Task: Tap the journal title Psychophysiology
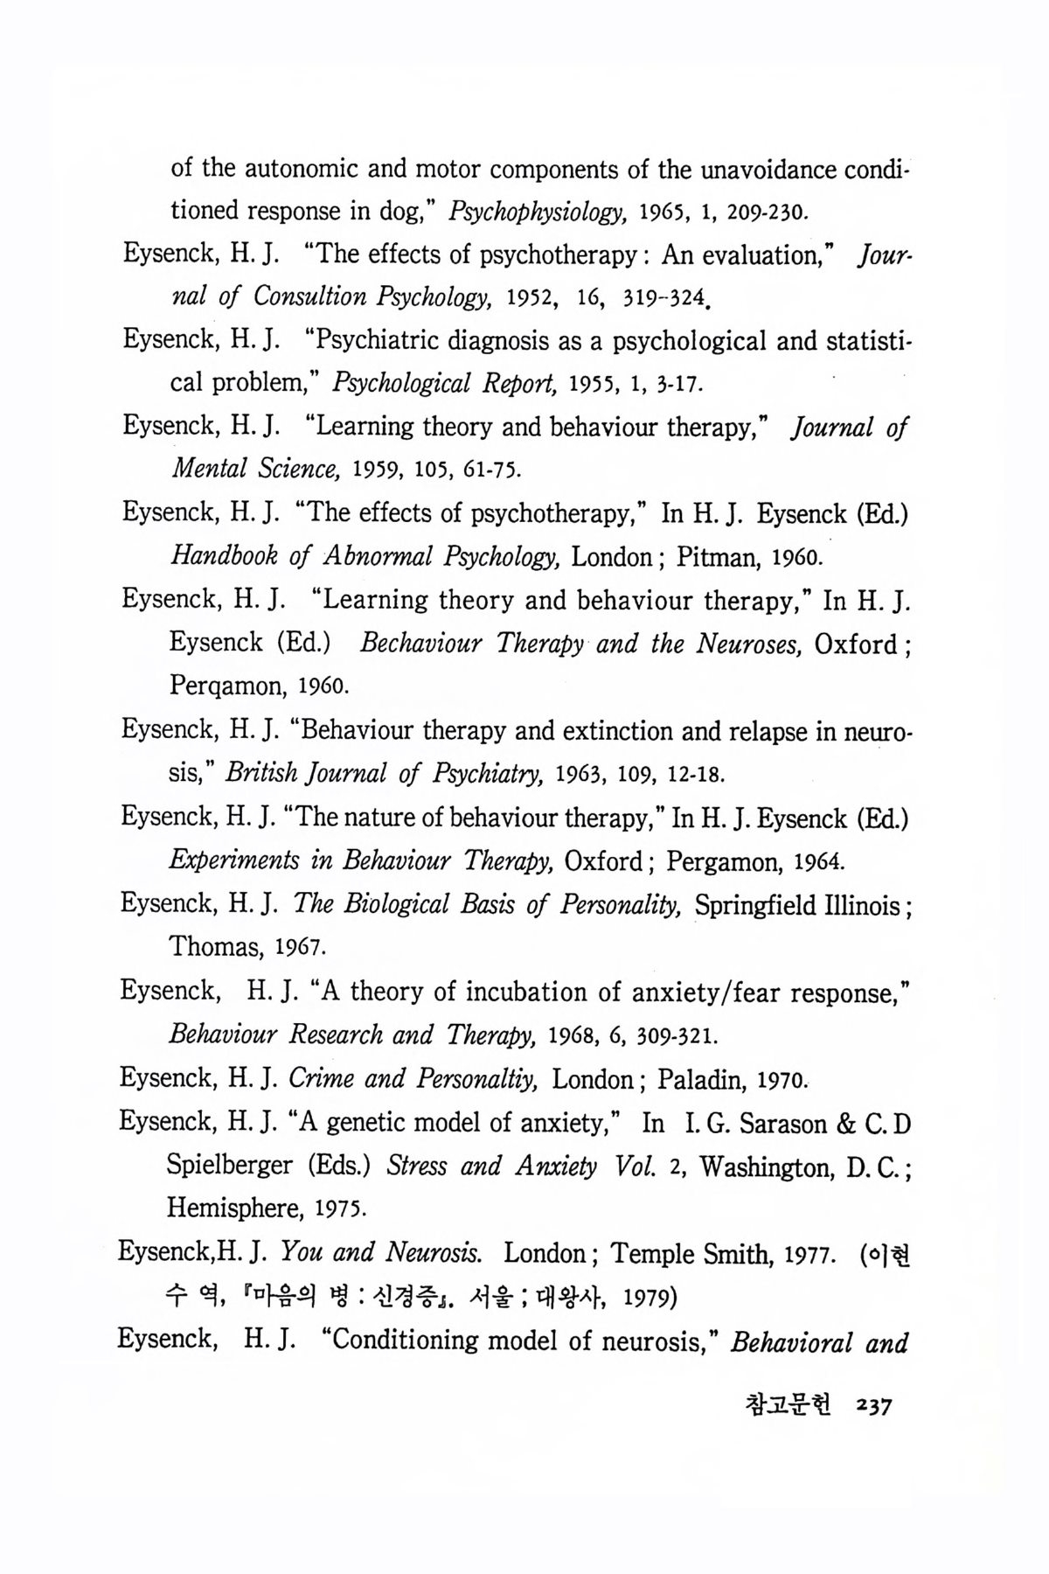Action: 536,212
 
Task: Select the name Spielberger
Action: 230,1167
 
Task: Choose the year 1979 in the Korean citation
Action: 651,1296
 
